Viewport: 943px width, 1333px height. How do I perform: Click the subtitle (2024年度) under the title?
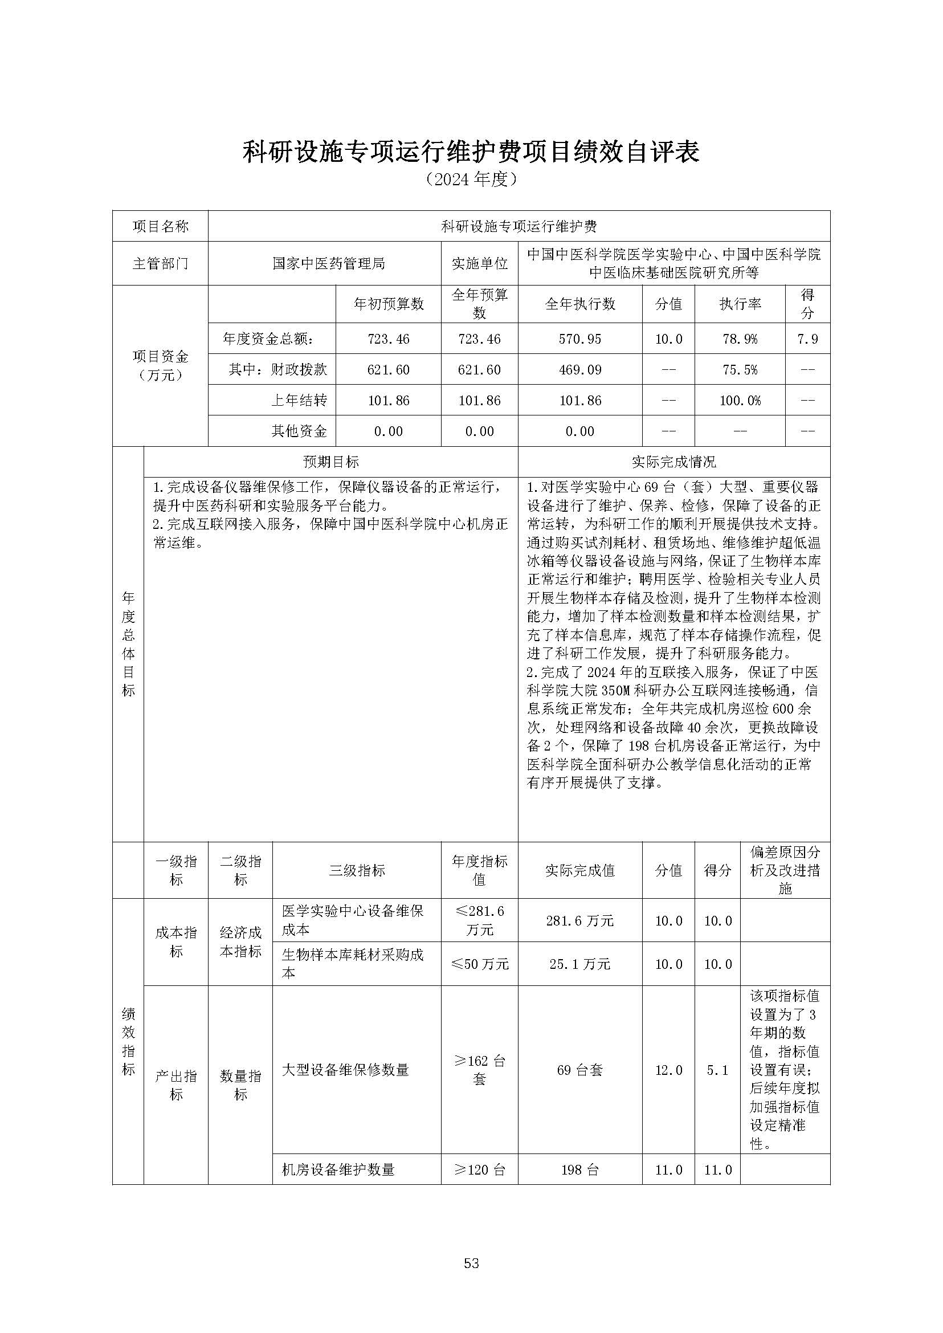[x=471, y=180]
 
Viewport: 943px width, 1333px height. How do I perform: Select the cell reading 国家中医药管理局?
[x=329, y=263]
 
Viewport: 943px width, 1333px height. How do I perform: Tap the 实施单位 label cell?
[x=479, y=263]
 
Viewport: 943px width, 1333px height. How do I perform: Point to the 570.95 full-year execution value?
[x=579, y=339]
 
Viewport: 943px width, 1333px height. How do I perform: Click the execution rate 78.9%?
[x=739, y=339]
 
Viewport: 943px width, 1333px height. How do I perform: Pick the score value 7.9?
[x=807, y=339]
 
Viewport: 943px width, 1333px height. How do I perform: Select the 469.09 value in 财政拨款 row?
[x=579, y=369]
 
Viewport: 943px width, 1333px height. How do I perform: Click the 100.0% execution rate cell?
[x=739, y=400]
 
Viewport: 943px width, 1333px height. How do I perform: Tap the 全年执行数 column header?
[x=579, y=304]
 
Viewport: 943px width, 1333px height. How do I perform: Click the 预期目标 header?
[x=330, y=462]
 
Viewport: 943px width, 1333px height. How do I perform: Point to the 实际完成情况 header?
[x=673, y=462]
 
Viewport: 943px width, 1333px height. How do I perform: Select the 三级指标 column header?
[x=357, y=870]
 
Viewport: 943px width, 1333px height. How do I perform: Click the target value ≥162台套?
[x=479, y=1070]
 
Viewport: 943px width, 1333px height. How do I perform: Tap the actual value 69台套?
[x=579, y=1070]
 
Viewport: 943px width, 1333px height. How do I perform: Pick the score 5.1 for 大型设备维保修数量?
[x=717, y=1070]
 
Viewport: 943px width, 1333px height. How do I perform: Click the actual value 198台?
[x=579, y=1169]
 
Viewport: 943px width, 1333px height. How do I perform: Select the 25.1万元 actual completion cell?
[x=579, y=964]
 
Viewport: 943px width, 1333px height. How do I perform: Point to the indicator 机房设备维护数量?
[x=338, y=1169]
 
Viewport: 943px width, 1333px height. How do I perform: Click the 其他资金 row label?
[x=299, y=431]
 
